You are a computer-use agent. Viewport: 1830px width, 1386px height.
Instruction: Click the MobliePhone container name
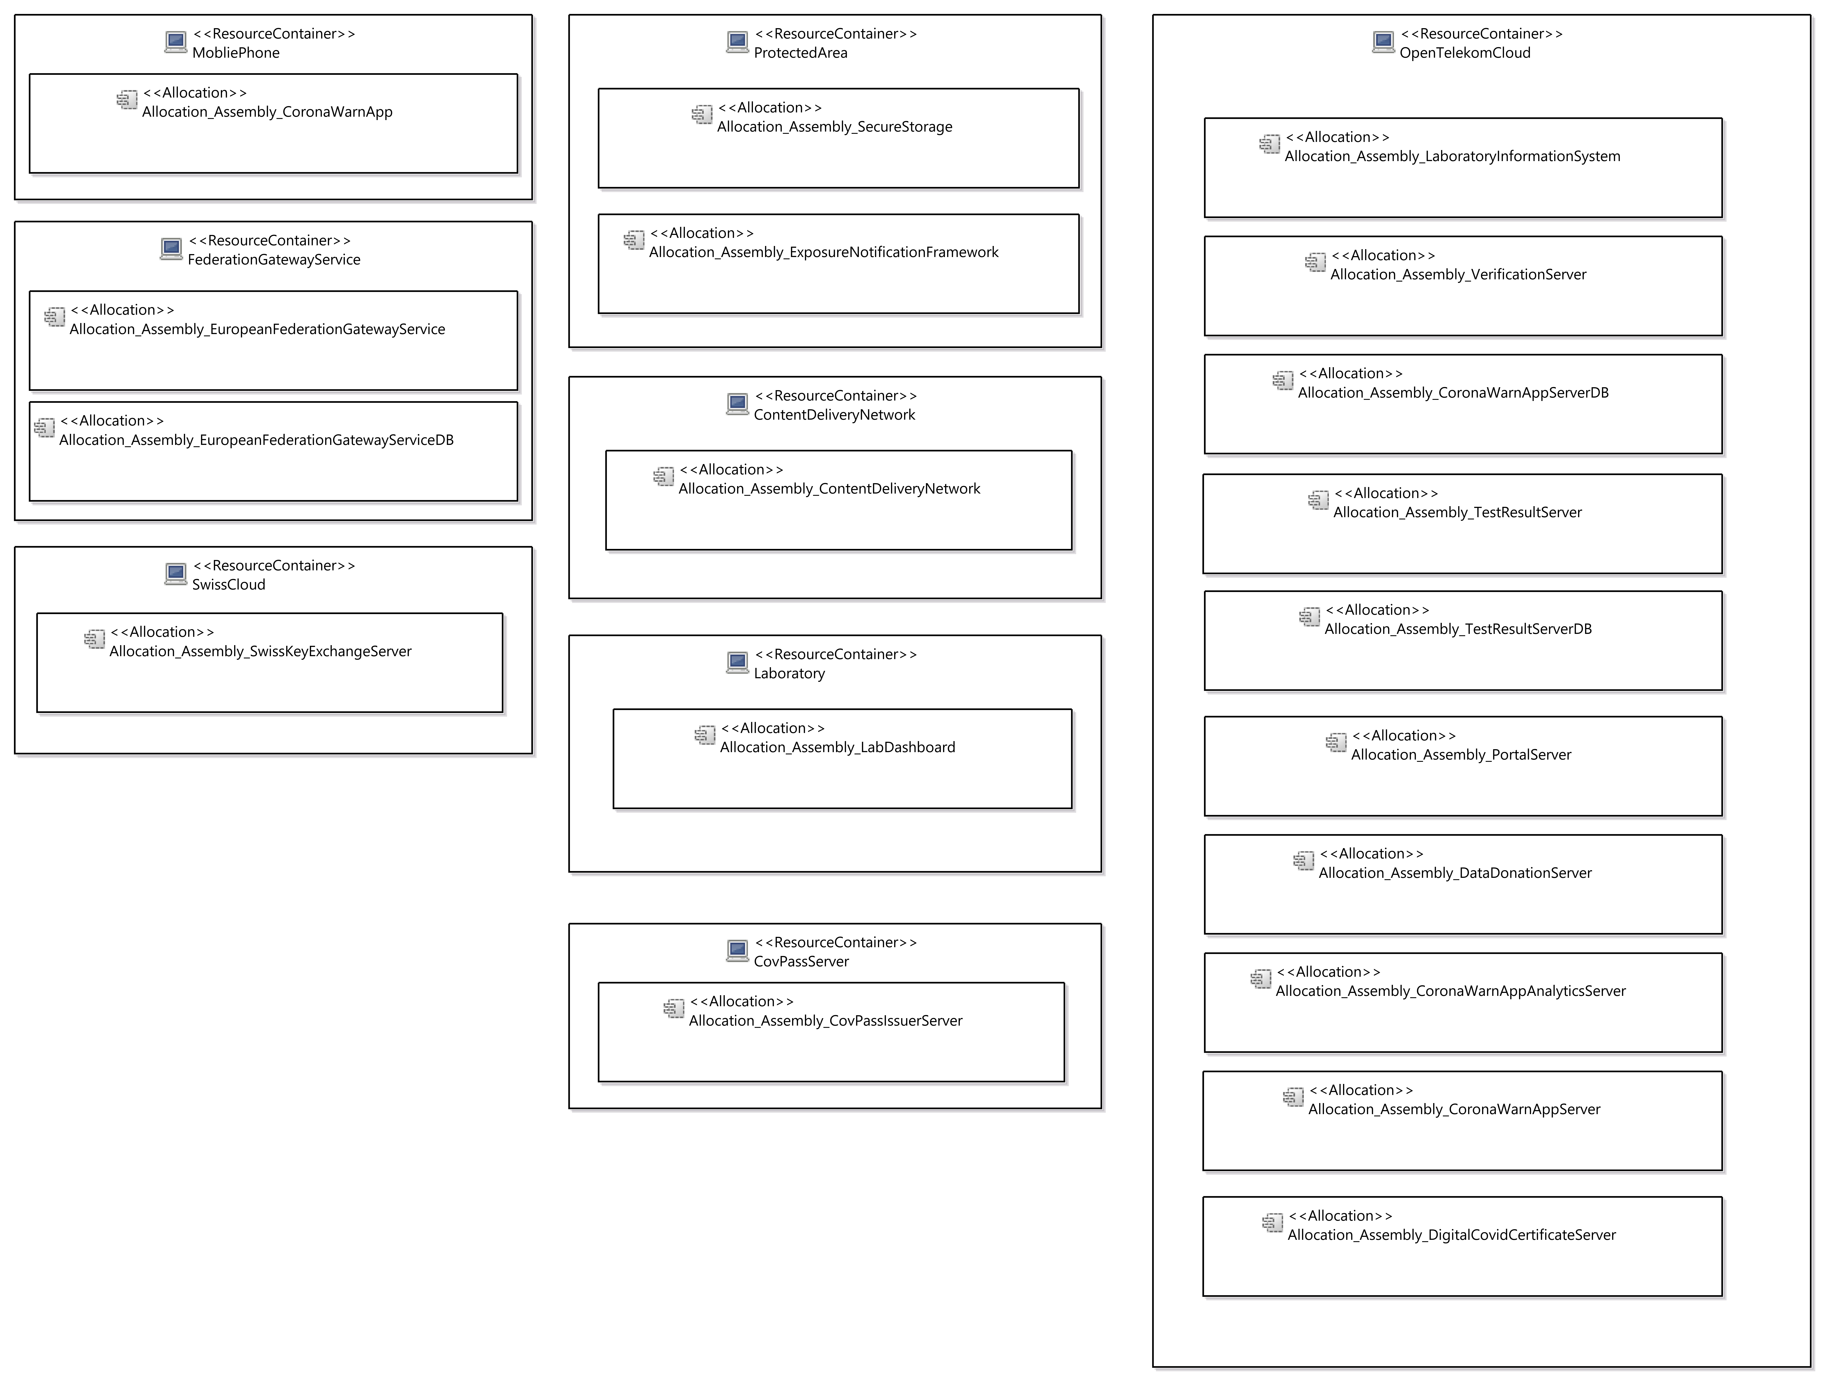click(x=236, y=53)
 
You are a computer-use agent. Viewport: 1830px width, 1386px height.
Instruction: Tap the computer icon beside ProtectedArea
click(x=737, y=41)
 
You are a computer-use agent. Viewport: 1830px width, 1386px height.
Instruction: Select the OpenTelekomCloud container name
click(x=1464, y=53)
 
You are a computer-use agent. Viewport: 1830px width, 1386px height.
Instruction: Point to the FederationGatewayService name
click(x=274, y=260)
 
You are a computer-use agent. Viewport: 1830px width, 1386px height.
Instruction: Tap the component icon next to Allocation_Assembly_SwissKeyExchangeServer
click(x=94, y=639)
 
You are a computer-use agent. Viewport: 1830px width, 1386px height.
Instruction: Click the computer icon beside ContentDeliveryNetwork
click(x=737, y=404)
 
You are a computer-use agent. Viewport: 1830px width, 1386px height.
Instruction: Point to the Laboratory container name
click(x=789, y=674)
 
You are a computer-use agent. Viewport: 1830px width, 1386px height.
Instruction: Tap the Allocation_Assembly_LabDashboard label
click(x=837, y=748)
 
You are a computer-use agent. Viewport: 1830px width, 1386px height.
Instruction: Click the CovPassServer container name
click(x=801, y=962)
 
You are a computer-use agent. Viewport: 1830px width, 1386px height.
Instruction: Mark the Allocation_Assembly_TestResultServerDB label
click(x=1458, y=629)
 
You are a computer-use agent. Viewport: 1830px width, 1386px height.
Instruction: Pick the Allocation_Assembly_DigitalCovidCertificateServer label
click(x=1451, y=1236)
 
